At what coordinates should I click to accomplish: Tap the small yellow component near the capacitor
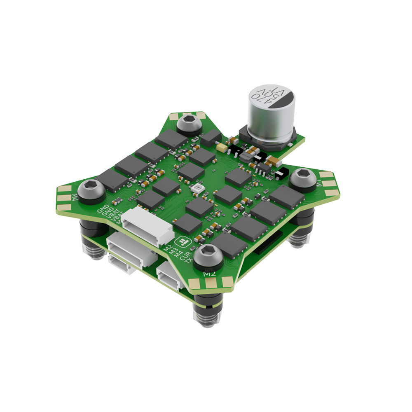(221, 147)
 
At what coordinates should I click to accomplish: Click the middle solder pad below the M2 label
(211, 283)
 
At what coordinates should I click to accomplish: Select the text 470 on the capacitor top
(261, 96)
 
